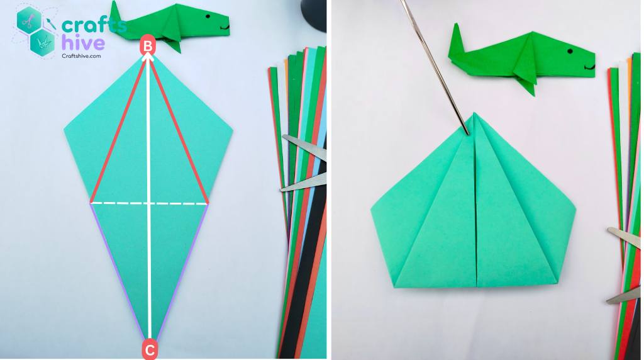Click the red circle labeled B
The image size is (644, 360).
point(148,45)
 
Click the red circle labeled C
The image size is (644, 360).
point(149,349)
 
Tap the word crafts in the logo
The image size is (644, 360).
point(93,26)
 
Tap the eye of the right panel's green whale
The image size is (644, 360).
point(570,51)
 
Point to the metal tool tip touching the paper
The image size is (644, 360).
point(466,129)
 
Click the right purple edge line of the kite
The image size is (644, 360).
point(179,271)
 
